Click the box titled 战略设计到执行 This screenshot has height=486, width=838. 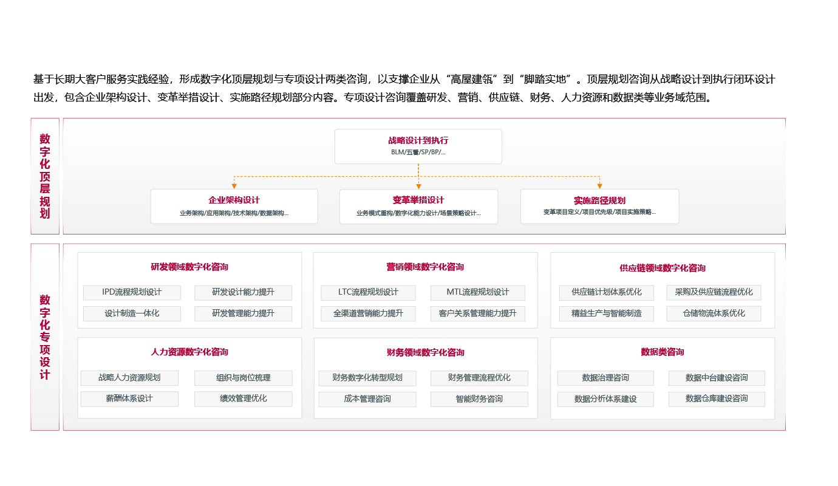click(418, 146)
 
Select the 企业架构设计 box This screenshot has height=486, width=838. click(234, 206)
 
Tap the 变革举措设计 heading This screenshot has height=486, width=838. click(418, 200)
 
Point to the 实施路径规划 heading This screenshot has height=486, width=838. click(599, 200)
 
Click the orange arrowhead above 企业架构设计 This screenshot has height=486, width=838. click(234, 185)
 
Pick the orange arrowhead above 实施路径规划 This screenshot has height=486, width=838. click(599, 185)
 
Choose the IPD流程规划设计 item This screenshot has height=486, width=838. click(132, 292)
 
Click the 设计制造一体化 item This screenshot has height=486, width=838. click(132, 313)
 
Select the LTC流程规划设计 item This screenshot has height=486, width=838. click(368, 292)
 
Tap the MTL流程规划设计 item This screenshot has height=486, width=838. click(477, 292)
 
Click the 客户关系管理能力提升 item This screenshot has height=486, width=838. click(477, 313)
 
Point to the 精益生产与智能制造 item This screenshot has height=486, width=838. click(606, 313)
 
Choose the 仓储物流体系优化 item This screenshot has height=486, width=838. click(714, 313)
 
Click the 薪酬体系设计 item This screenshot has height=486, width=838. click(129, 399)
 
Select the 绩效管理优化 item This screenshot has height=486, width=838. click(243, 399)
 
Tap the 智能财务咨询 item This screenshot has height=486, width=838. click(479, 399)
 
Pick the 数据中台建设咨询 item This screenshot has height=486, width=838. click(717, 378)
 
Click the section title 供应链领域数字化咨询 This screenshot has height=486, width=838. click(663, 268)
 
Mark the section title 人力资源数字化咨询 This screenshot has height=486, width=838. click(189, 352)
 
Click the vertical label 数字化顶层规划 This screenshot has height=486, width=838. click(45, 176)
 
